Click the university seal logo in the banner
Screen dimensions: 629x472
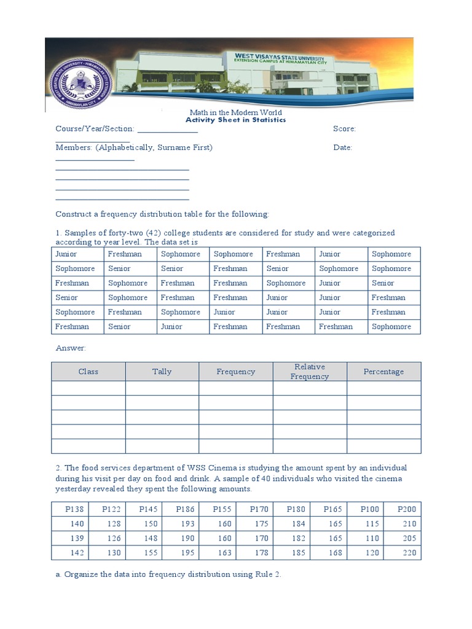coord(79,82)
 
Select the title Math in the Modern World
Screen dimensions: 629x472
coord(236,112)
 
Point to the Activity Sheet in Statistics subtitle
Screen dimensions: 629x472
coord(236,120)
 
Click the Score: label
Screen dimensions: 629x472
coord(344,129)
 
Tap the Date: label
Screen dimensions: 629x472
coord(342,148)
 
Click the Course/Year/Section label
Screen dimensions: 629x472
coord(95,129)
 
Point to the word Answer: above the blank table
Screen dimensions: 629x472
coord(71,348)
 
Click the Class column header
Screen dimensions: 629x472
coord(88,372)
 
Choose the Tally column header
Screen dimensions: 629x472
coord(162,372)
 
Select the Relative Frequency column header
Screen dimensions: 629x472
coord(310,372)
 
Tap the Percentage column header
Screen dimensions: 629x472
coord(383,372)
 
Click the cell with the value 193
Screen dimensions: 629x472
coord(188,524)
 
